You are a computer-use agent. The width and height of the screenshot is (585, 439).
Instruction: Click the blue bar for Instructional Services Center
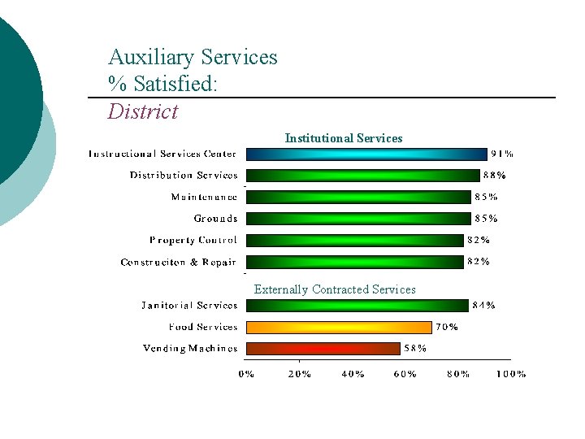coord(366,154)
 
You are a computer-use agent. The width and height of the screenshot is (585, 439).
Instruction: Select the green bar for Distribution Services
coord(362,175)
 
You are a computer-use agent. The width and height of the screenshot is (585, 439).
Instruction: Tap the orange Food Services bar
coord(338,327)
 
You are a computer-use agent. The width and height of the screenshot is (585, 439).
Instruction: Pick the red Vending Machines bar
coord(323,348)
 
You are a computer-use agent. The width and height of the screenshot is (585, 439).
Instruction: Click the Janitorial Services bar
coord(357,306)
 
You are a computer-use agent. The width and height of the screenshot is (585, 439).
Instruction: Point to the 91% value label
coord(501,153)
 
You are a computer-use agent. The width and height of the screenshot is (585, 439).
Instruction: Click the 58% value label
coord(415,348)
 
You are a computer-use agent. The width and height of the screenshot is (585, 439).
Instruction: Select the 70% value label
coord(447,327)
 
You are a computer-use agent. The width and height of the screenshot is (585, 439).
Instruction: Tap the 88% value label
coord(495,175)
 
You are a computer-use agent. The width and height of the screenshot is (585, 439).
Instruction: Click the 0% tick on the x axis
coord(246,374)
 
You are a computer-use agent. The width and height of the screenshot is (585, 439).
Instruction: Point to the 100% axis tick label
coord(510,374)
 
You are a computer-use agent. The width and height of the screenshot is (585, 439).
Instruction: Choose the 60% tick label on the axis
coord(405,374)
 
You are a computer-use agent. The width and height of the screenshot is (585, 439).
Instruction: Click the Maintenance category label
coord(204,197)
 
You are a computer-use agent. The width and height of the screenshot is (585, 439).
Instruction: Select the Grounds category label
coord(215,218)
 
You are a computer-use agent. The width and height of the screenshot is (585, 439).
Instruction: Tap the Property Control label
coord(193,240)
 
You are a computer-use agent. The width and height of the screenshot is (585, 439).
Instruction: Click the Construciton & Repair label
coord(179,262)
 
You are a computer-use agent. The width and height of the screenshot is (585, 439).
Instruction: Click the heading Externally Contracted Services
coord(335,289)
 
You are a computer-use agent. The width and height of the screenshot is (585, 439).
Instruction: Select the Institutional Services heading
coord(344,138)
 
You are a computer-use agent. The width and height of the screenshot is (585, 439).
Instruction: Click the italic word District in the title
coord(142,111)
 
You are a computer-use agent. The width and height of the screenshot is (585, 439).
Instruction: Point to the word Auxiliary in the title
coord(151,58)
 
